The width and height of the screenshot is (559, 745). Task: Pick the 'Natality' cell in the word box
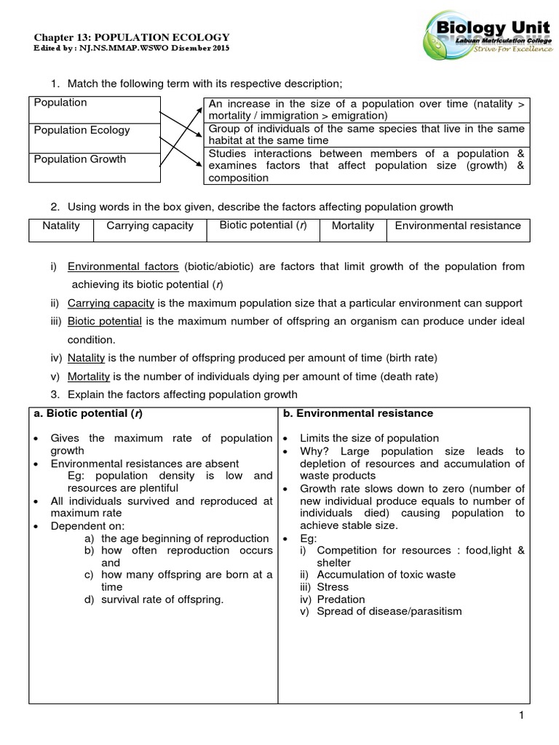(x=61, y=226)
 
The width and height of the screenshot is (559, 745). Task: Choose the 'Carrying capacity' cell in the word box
(x=150, y=226)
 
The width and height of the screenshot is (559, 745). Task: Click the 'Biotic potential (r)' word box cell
(x=263, y=226)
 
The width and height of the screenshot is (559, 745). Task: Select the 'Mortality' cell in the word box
(x=353, y=226)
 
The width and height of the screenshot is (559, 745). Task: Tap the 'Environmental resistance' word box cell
(x=458, y=226)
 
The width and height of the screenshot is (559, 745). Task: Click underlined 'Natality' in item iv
(x=86, y=358)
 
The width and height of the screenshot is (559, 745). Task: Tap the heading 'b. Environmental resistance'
(x=357, y=413)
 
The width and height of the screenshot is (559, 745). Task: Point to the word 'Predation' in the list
(x=341, y=599)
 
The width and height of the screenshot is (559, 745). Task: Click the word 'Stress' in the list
(x=333, y=587)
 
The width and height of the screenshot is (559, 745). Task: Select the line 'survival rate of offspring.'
(x=162, y=599)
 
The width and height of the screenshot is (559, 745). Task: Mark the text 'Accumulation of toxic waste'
(x=386, y=575)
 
